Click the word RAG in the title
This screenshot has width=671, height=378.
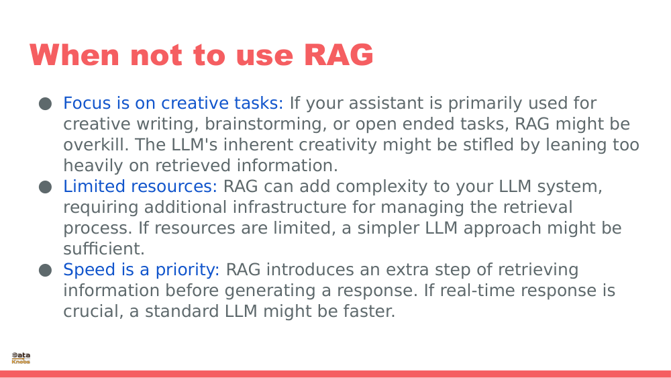point(338,55)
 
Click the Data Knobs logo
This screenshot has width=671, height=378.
point(21,358)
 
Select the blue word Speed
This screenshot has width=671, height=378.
point(87,270)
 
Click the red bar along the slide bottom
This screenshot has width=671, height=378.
point(335,374)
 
